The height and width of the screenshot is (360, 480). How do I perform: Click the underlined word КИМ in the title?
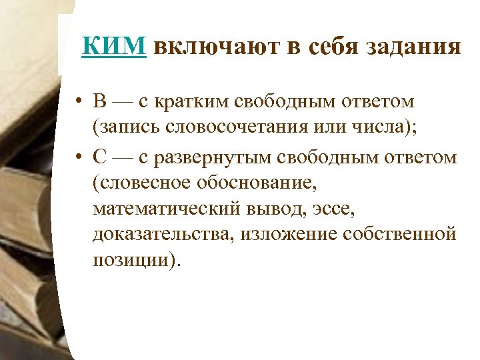pyautogui.click(x=114, y=47)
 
